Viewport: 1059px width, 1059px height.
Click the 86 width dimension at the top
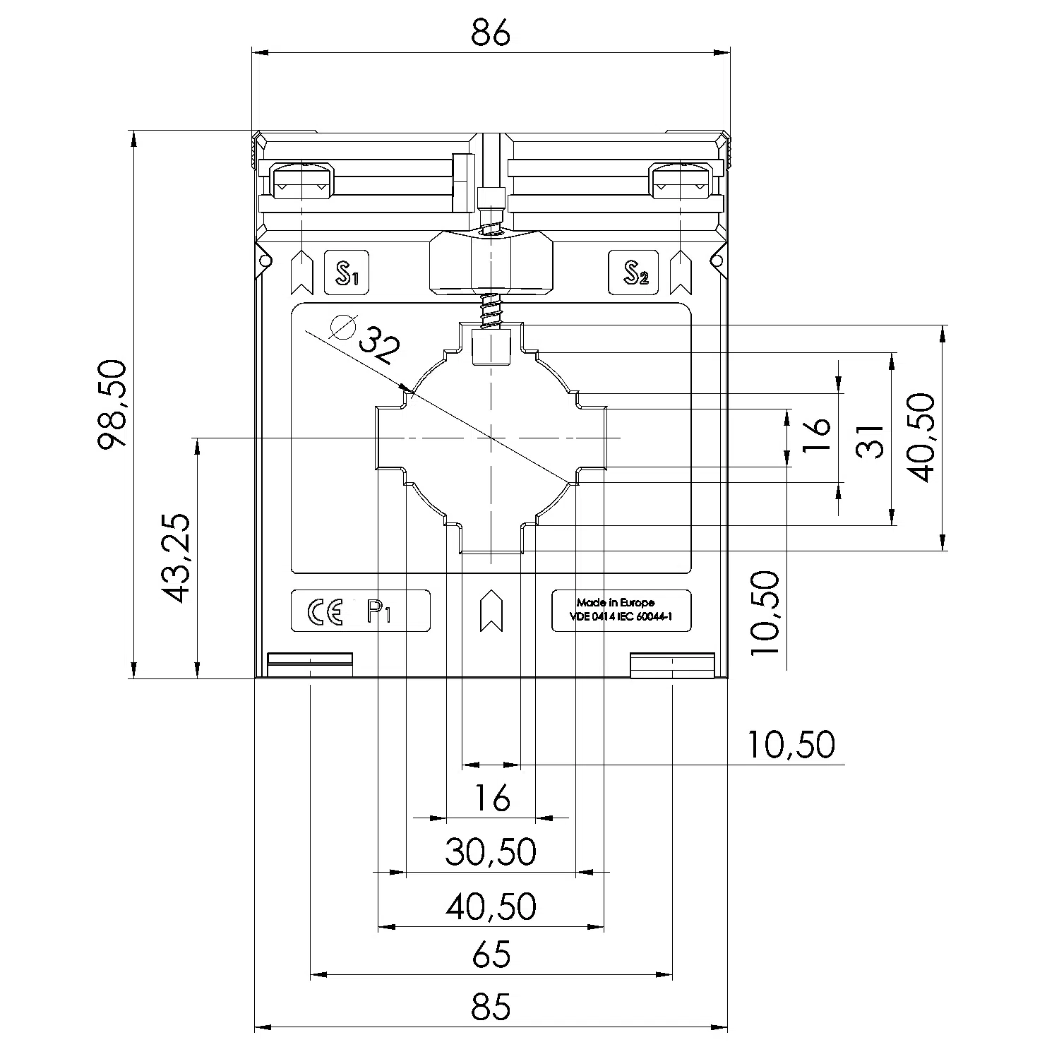[x=491, y=33]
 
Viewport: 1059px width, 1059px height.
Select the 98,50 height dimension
[x=113, y=405]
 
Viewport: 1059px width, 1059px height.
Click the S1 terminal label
[x=347, y=273]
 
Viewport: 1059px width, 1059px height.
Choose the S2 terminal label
[x=633, y=273]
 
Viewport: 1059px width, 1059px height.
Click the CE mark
[x=325, y=611]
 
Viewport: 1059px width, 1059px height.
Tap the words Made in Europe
[x=616, y=603]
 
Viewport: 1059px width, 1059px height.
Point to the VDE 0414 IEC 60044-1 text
[x=621, y=617]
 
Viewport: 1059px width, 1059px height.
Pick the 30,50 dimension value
[x=491, y=851]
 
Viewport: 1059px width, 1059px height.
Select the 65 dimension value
[x=491, y=955]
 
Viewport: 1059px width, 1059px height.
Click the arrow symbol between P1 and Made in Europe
[x=491, y=611]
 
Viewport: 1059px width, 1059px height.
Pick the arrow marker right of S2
[x=681, y=273]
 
